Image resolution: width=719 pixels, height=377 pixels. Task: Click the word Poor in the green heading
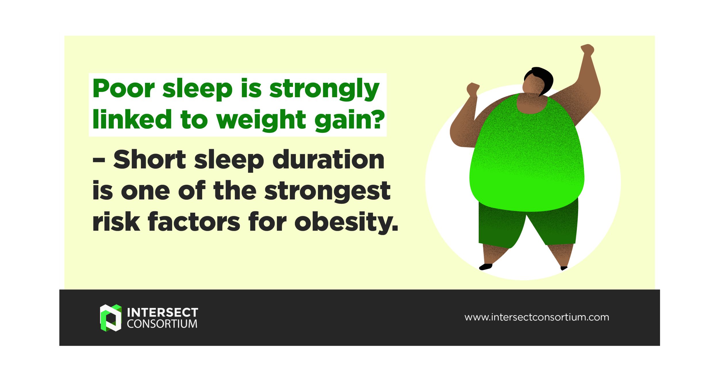point(124,89)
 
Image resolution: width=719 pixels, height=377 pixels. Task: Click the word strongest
point(327,191)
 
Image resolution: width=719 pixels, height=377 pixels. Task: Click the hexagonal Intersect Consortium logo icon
point(110,317)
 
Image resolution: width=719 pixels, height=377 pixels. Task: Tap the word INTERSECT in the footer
point(162,312)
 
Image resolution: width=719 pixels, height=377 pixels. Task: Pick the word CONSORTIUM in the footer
point(162,324)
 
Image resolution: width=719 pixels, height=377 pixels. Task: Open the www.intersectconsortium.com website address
point(536,317)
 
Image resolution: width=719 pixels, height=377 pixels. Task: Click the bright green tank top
point(526,155)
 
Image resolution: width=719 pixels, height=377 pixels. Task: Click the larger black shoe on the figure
point(486,267)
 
